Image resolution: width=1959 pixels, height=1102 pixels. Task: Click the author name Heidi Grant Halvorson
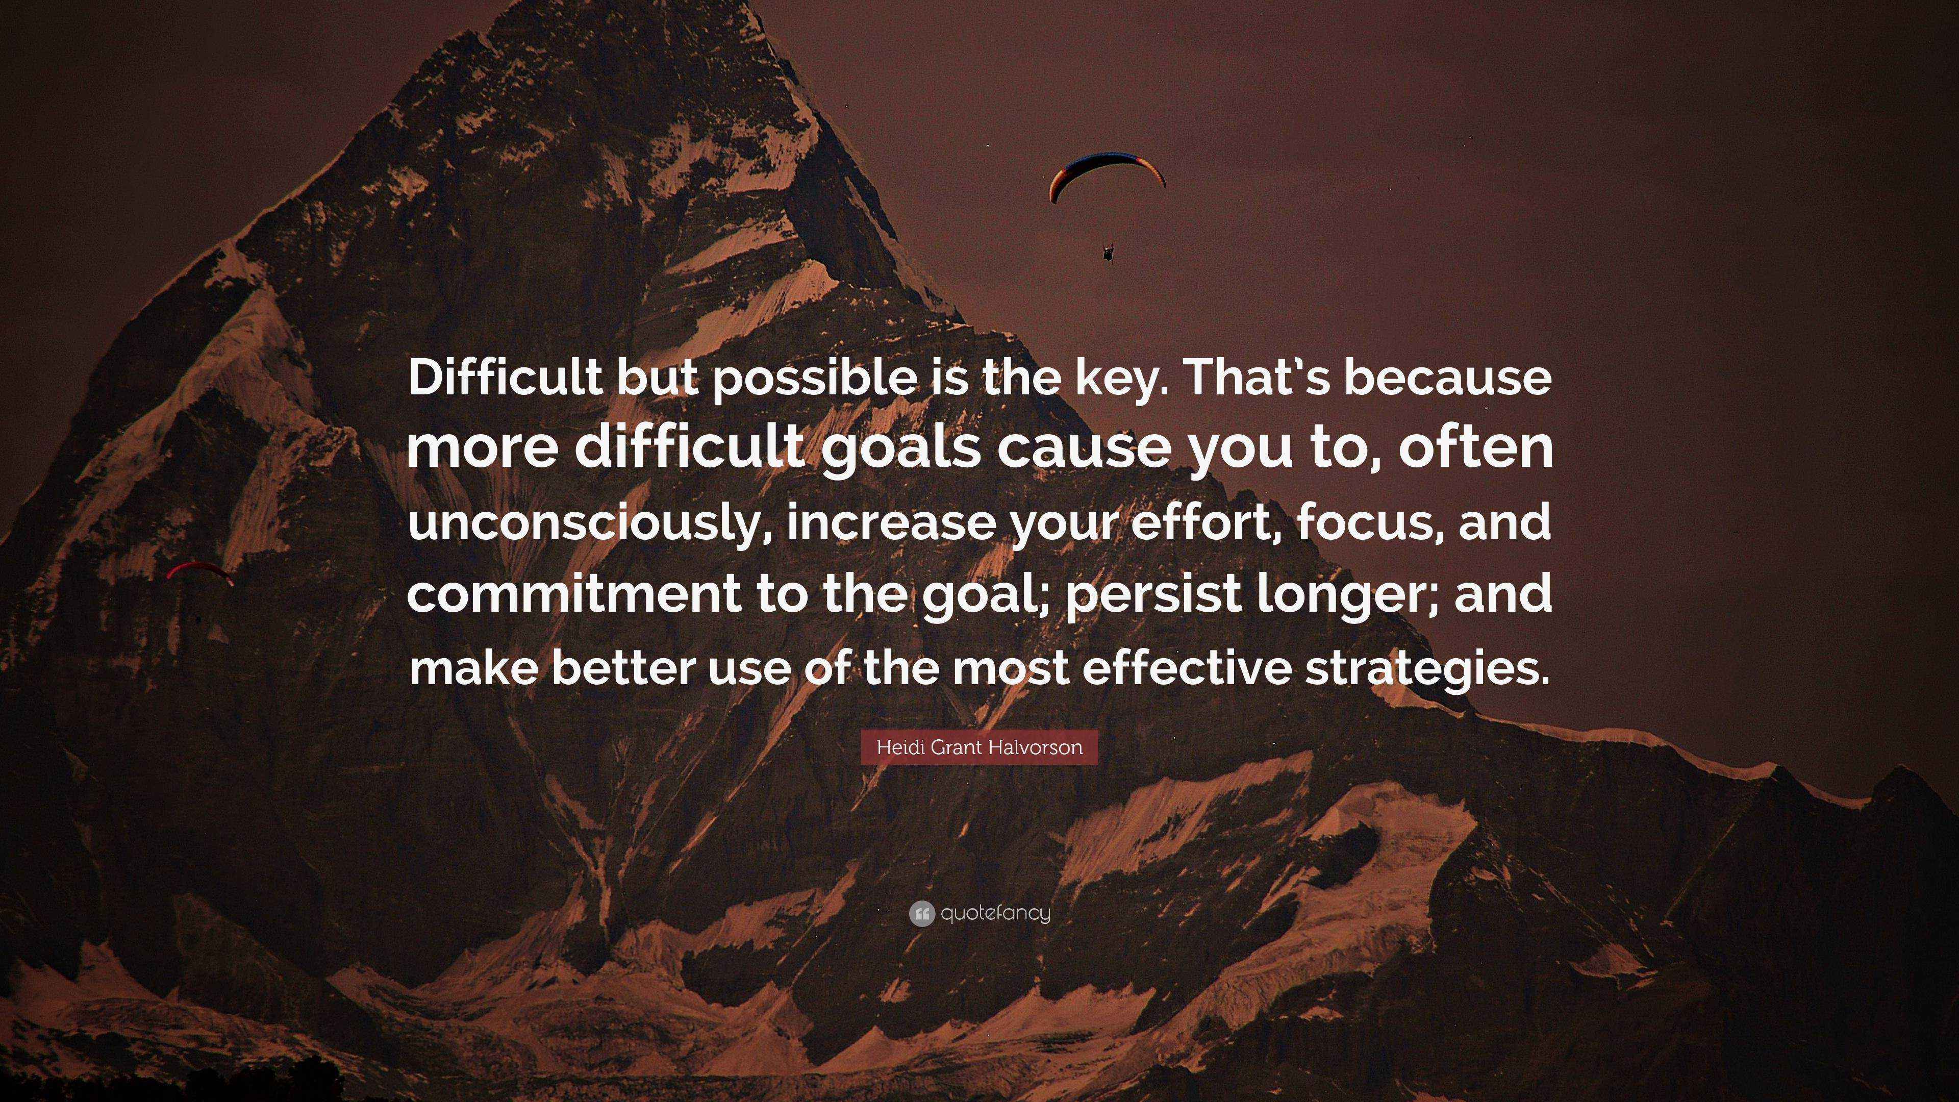[979, 747]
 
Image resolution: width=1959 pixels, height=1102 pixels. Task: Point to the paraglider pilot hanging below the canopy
[1107, 253]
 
